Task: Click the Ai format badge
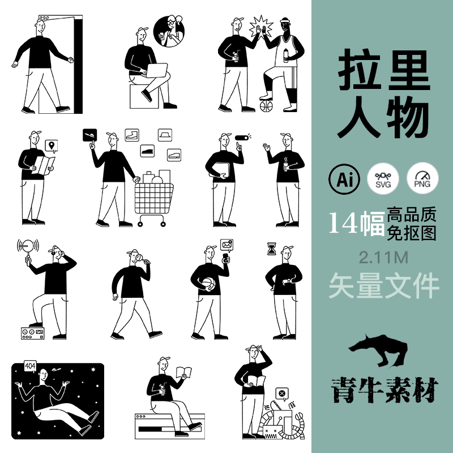[x=344, y=179]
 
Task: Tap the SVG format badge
[x=382, y=179]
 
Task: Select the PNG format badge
[x=421, y=179]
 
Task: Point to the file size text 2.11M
[x=383, y=258]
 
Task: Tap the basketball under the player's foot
[x=266, y=106]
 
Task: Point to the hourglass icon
[x=272, y=247]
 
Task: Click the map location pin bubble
[x=52, y=147]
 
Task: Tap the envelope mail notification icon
[x=228, y=245]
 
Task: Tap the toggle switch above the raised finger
[x=243, y=138]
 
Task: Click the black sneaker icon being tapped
[x=90, y=135]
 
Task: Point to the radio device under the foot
[x=32, y=333]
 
